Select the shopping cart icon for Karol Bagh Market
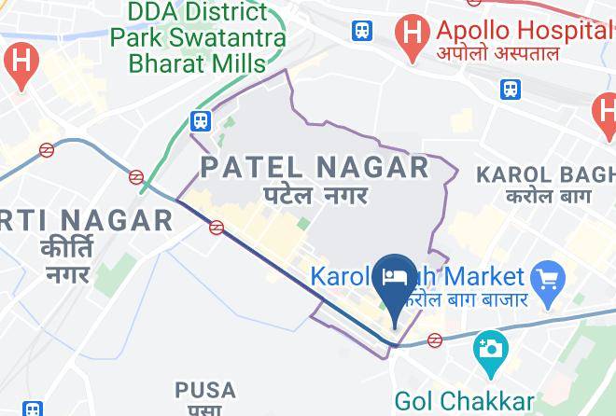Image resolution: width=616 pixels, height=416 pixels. [x=545, y=278]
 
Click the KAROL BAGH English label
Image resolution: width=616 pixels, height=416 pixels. [x=546, y=173]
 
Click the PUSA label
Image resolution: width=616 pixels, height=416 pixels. [x=205, y=389]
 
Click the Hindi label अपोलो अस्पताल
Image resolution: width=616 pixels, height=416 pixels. [x=499, y=53]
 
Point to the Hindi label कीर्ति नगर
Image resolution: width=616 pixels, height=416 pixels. [x=67, y=261]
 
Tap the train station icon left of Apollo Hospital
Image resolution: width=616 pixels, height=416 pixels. [x=362, y=31]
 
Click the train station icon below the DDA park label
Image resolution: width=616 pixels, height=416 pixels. [x=199, y=120]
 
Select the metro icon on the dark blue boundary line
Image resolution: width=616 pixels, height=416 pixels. [x=217, y=227]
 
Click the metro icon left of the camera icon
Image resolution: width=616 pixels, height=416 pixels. [x=434, y=340]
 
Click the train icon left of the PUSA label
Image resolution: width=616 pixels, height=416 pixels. [x=33, y=409]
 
